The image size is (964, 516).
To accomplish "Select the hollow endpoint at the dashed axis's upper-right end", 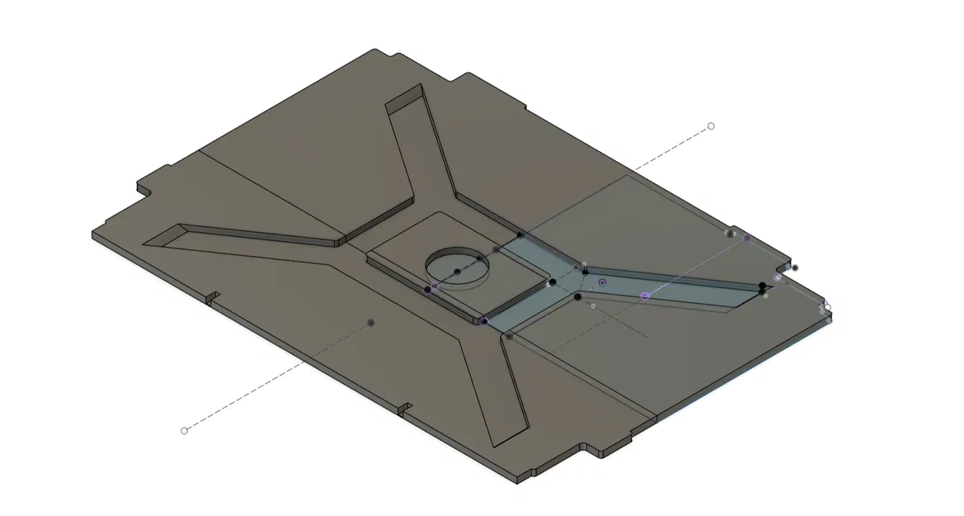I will coord(711,126).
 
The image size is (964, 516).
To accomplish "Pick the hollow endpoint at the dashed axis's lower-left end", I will coord(184,430).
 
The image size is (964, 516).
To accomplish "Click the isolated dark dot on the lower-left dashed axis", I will coord(370,322).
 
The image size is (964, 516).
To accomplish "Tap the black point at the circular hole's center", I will coord(457,271).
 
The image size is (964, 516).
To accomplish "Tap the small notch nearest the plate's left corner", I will coord(212,296).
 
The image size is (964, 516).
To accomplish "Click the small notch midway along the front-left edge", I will coord(405,408).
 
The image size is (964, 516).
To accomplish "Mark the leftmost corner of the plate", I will coord(93,234).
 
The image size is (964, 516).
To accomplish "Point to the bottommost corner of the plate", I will coord(518,480).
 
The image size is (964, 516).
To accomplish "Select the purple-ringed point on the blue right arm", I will coord(645,295).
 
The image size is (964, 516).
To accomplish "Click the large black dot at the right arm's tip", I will coord(762,286).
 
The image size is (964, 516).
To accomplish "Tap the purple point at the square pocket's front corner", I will coord(484,320).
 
